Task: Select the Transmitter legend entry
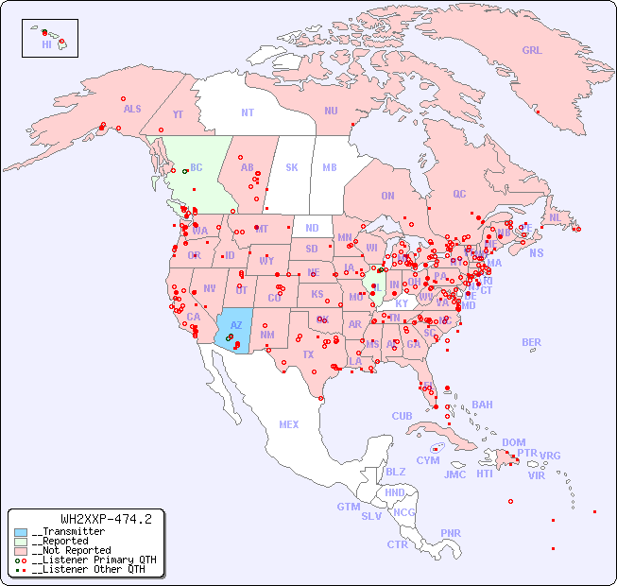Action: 68,532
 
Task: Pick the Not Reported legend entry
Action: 71,550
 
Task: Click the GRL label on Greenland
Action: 532,50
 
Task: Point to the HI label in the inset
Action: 46,43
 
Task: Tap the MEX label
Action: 288,424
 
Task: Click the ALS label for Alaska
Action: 132,109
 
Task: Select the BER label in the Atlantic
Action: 531,342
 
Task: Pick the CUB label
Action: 402,416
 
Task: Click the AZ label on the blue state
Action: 236,326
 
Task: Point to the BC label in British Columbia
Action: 197,167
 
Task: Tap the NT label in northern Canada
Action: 247,112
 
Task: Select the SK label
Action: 291,167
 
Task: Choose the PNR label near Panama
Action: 451,533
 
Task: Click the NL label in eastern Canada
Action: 555,216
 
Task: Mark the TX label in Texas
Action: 308,354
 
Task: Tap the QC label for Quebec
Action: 459,194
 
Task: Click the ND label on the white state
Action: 312,228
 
